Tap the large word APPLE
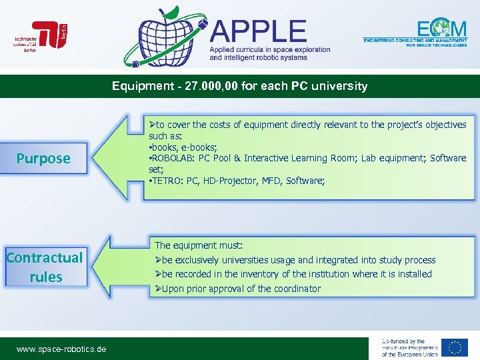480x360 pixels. [259, 31]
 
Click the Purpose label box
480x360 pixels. [44, 159]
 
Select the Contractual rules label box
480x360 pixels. [45, 267]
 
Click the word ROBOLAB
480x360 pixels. [173, 159]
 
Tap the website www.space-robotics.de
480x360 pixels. [61, 349]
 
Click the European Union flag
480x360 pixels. [455, 348]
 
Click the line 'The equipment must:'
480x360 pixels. [199, 245]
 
